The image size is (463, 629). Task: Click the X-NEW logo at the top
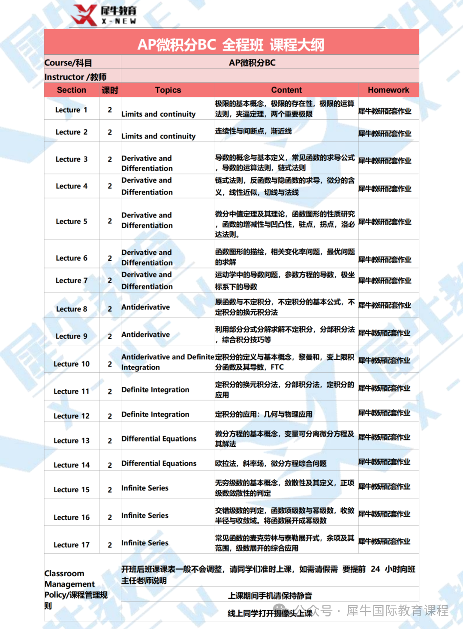click(x=104, y=15)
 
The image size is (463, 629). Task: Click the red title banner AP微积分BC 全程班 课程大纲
click(x=231, y=44)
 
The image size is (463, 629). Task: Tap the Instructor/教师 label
click(x=75, y=77)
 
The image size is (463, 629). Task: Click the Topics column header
click(x=168, y=90)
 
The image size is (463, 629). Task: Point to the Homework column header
click(x=388, y=90)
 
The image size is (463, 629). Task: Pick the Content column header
click(x=286, y=90)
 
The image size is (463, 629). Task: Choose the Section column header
click(x=72, y=90)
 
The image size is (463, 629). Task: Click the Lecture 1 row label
click(x=71, y=110)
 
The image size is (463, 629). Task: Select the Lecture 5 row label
click(x=72, y=221)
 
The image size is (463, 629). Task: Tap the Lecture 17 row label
click(x=72, y=545)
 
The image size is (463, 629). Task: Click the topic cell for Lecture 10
click(x=168, y=362)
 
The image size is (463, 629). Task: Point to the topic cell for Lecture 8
click(x=146, y=307)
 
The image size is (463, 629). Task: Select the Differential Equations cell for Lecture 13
click(x=159, y=439)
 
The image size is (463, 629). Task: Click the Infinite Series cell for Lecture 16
click(x=145, y=515)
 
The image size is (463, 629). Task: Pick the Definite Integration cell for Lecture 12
click(x=155, y=414)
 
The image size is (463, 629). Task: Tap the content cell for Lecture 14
click(x=271, y=463)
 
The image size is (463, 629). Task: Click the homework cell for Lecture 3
click(x=385, y=161)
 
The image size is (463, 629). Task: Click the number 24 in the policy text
click(x=376, y=569)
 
